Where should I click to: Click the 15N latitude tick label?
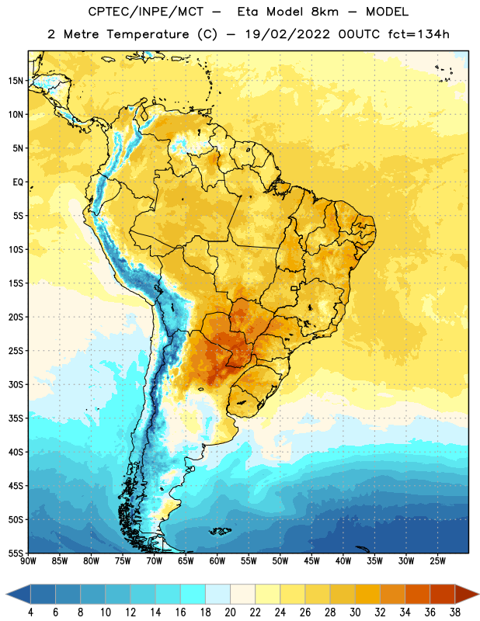[16, 81]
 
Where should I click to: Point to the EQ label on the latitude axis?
[18, 182]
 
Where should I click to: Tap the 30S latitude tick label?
[16, 384]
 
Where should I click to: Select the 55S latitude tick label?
[16, 553]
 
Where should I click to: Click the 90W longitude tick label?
[28, 561]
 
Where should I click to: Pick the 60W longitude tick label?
[217, 561]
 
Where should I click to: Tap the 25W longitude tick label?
[437, 561]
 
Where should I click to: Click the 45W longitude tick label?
[311, 561]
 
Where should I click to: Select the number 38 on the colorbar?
[455, 612]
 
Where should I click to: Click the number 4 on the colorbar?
[30, 612]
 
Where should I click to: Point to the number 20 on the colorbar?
[230, 612]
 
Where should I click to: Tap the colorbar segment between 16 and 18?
[193, 595]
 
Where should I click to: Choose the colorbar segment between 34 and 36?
[418, 595]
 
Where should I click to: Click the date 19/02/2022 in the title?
[287, 34]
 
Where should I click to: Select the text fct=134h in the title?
[419, 34]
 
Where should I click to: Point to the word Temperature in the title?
[148, 34]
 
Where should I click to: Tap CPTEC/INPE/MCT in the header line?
[145, 12]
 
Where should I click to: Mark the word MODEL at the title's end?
[387, 12]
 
